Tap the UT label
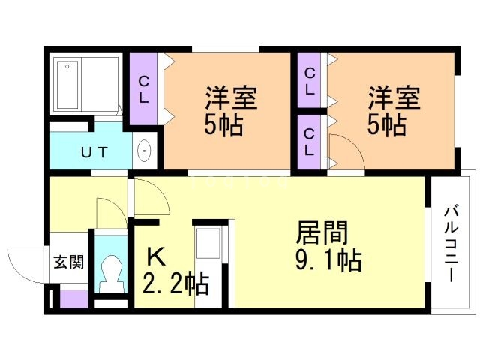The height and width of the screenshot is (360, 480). tap(95, 153)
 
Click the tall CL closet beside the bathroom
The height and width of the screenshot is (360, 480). tap(144, 88)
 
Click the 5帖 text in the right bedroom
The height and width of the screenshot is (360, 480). tap(386, 124)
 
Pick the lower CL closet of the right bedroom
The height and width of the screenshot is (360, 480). tap(309, 140)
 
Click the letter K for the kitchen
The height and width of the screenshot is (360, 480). tap(154, 256)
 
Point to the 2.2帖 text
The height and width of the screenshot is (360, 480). tap(175, 284)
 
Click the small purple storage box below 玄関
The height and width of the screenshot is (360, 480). tap(73, 298)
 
